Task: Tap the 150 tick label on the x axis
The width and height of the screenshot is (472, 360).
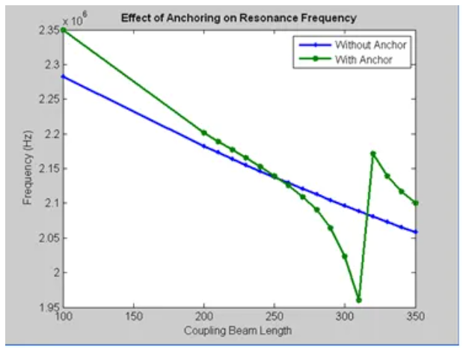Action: coord(132,317)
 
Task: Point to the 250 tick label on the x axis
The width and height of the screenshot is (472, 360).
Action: coord(274,317)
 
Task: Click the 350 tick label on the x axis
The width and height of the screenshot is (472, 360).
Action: coord(414,317)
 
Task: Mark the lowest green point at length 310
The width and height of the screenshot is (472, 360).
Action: coord(359,300)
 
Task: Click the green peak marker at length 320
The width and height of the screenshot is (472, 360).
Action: coord(373,153)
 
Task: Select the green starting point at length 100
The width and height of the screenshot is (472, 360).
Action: coord(63,30)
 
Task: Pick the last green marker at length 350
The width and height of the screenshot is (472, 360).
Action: coord(415,203)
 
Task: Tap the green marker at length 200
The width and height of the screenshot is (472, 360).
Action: coord(203,132)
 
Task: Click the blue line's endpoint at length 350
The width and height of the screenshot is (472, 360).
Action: coord(415,232)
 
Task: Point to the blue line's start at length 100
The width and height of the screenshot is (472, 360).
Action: coord(63,76)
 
